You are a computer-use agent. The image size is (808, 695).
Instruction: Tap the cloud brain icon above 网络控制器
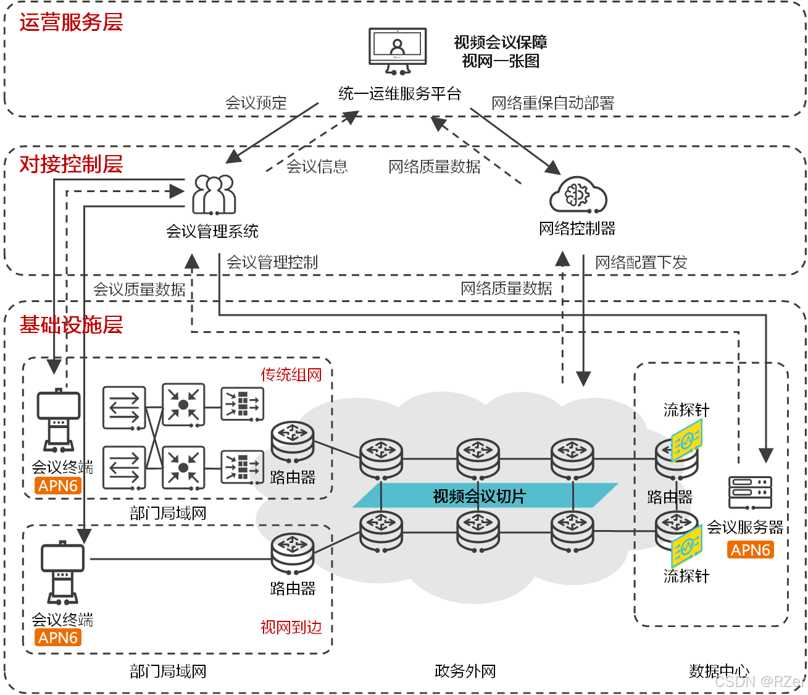point(578,195)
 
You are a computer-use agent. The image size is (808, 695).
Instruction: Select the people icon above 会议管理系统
point(214,194)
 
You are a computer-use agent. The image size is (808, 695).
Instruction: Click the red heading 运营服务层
point(71,22)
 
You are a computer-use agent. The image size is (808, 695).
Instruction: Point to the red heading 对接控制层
point(71,164)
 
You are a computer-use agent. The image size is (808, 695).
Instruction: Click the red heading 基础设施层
point(71,324)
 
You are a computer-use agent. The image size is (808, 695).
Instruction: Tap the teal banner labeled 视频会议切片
point(479,496)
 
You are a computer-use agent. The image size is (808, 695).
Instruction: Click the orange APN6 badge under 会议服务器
point(750,550)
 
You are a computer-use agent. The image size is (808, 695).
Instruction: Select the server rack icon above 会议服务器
point(750,492)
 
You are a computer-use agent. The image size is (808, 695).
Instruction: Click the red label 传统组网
point(291,374)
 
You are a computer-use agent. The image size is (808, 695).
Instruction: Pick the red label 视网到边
point(291,628)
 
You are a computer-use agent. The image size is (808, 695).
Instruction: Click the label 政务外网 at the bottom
point(465,671)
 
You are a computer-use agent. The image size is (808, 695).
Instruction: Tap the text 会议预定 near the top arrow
point(256,103)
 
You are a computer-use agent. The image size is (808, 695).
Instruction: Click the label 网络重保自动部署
point(552,103)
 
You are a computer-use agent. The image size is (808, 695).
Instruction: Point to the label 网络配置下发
point(641,263)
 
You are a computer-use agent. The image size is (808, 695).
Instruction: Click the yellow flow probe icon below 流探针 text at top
point(686,440)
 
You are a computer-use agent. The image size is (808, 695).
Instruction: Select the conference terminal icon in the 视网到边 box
point(62,572)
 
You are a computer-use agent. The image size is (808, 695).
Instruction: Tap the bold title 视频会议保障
point(500,42)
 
